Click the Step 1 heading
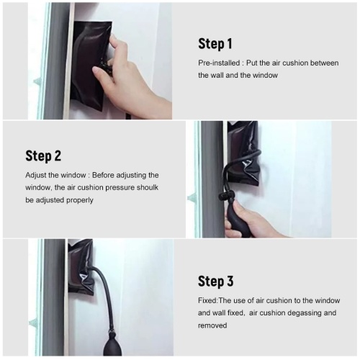[215, 44]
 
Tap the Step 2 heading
[43, 156]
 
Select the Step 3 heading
[215, 281]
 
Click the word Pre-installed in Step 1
[219, 63]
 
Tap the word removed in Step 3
[212, 325]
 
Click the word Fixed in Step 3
[207, 300]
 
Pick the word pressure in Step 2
[120, 188]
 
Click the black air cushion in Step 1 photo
[90, 65]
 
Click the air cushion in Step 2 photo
[243, 156]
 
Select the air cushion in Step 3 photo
[81, 266]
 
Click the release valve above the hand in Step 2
[226, 196]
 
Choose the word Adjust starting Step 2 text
[36, 176]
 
